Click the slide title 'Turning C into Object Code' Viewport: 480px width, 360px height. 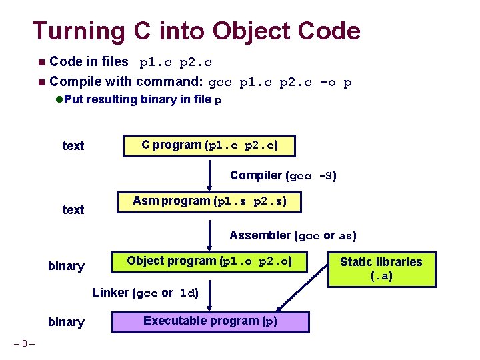(x=197, y=31)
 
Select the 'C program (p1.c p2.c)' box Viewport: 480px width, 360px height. (x=209, y=145)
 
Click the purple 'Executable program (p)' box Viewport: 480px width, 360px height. (x=210, y=321)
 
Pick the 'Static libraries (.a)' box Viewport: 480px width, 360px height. (x=381, y=269)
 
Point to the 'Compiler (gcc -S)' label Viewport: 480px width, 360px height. (x=283, y=176)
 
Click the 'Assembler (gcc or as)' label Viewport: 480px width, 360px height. (x=293, y=235)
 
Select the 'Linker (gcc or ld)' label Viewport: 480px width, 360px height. (x=145, y=293)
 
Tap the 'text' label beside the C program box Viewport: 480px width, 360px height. (x=73, y=146)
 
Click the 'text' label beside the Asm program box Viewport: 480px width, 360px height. (x=73, y=210)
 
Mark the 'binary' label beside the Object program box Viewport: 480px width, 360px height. (x=66, y=266)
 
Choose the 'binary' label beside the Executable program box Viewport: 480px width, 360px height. (x=66, y=322)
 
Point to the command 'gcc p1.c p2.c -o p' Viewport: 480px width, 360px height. (x=280, y=83)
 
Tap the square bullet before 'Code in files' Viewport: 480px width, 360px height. (x=41, y=63)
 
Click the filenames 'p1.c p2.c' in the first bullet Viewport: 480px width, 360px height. (x=175, y=63)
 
